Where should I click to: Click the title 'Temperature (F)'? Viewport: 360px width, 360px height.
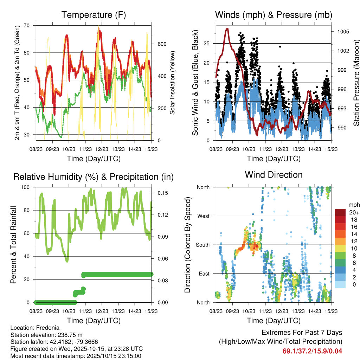point(94,15)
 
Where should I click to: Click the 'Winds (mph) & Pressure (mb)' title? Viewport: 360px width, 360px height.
point(274,15)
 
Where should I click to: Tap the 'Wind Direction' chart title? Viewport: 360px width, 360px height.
point(274,175)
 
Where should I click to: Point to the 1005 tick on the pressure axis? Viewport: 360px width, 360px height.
point(342,32)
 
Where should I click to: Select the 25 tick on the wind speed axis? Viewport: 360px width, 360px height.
point(207,44)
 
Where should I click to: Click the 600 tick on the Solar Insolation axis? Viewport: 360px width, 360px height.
point(161,44)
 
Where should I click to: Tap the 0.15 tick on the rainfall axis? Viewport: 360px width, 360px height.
point(162,193)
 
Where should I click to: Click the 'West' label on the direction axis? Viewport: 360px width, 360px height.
point(203,216)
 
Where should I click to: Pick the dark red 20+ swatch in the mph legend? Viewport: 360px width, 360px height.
point(341,212)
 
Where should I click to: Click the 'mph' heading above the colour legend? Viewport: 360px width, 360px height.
point(354,205)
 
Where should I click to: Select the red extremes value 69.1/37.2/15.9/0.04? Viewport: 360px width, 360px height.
point(312,351)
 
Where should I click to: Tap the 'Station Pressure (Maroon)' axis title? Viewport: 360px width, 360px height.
point(356,83)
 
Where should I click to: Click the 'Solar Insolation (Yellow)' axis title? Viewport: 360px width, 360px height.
point(173,83)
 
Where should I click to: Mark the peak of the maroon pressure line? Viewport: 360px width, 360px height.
point(227,29)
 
